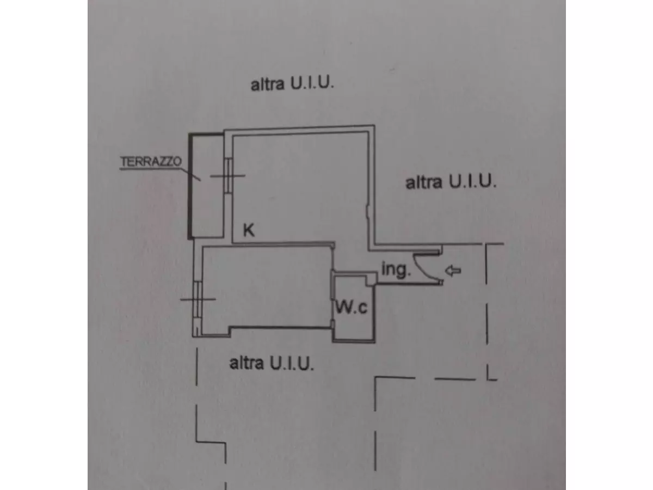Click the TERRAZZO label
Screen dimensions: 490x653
coord(151,162)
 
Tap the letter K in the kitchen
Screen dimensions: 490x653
coord(248,231)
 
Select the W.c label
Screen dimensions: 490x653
coord(351,308)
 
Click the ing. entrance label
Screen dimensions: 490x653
coord(396,270)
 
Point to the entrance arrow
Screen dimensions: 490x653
coord(453,269)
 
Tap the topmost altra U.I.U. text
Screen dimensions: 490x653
coord(292,85)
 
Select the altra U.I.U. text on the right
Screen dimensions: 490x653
coord(451,182)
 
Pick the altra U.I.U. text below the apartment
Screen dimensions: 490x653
coord(272,363)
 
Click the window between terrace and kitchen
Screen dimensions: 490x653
coord(229,175)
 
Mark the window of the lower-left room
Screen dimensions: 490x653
coord(198,299)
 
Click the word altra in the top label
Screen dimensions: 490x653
coord(267,85)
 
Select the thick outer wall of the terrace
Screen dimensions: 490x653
coord(190,185)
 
